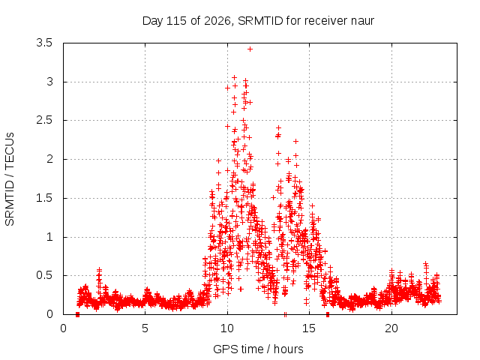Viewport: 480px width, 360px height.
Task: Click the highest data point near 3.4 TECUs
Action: point(250,49)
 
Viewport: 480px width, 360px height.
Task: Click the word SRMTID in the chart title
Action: point(260,21)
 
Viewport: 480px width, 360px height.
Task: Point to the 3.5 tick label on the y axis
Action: point(44,43)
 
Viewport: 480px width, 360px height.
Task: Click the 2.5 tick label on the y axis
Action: point(44,120)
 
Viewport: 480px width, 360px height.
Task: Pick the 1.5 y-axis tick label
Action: point(44,198)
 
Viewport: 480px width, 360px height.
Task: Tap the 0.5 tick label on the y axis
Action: point(44,275)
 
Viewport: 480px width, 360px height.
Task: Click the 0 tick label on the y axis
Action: point(49,314)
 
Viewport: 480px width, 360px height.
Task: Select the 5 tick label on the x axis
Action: point(145,328)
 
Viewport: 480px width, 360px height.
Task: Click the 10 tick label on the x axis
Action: point(226,328)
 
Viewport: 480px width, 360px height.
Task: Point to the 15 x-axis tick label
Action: point(309,328)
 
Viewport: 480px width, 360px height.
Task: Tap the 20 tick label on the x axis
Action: point(391,328)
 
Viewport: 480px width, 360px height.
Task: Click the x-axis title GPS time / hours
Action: point(258,349)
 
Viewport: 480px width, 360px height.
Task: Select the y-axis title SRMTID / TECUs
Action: point(10,179)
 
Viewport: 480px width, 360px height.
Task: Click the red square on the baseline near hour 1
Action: point(77,314)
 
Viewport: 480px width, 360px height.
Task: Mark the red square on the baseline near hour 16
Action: point(328,314)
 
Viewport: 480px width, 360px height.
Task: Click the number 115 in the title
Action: point(176,21)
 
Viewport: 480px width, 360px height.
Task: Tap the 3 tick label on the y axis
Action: point(49,82)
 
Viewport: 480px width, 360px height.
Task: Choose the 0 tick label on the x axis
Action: point(63,328)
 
